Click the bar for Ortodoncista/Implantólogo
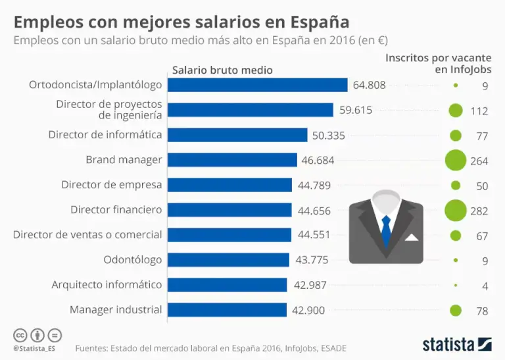point(258,85)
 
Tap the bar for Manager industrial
point(228,310)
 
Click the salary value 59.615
point(356,110)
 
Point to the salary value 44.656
point(314,211)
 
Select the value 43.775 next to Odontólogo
point(312,260)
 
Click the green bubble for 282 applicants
point(455,211)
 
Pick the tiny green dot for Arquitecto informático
point(456,285)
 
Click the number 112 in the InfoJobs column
point(479,111)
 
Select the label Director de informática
point(105,135)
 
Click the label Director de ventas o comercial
point(87,235)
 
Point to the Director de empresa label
point(111,185)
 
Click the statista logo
point(456,344)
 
